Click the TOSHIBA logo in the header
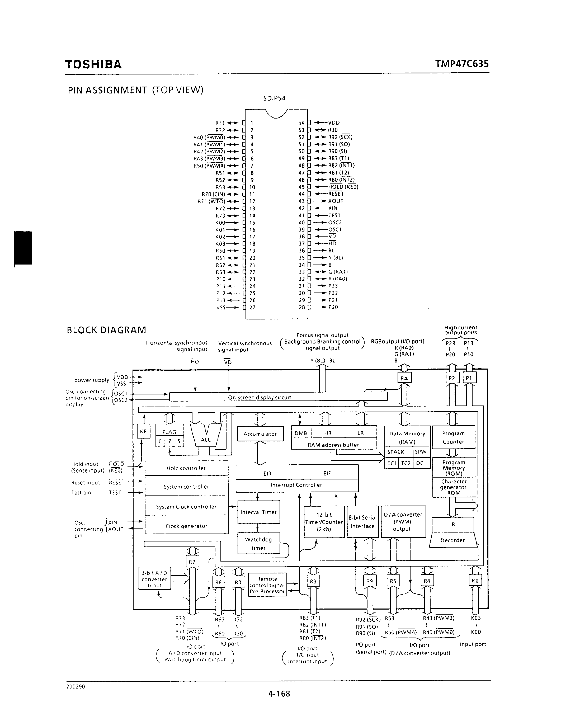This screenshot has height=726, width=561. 93,64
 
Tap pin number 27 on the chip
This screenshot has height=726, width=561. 252,307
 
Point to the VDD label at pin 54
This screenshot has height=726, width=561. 334,123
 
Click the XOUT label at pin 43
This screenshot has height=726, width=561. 336,201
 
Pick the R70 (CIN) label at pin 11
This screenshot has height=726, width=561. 213,194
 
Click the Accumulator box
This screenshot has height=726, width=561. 260,434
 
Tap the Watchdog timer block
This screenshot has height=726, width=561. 258,544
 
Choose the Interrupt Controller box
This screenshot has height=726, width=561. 297,485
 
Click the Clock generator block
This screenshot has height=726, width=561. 186,526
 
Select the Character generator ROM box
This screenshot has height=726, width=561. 454,487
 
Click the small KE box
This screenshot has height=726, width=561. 143,431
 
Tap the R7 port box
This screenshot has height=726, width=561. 192,562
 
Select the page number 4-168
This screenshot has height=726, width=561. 279,694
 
